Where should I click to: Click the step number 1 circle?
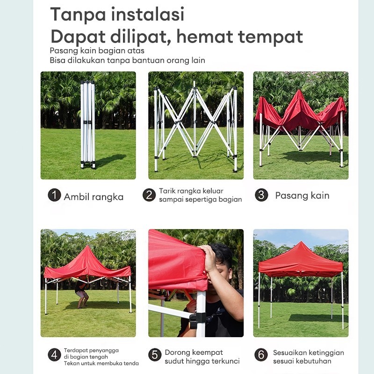click(x=54, y=195)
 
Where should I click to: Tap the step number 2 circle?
click(x=149, y=195)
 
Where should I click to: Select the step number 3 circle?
click(x=261, y=195)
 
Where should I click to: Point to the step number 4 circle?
click(x=54, y=355)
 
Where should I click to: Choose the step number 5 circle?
click(x=155, y=355)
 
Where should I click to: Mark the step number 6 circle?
click(x=261, y=355)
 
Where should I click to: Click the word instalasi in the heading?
click(x=148, y=14)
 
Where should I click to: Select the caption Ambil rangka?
click(x=94, y=197)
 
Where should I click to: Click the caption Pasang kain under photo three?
click(x=302, y=195)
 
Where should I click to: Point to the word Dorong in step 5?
click(x=177, y=352)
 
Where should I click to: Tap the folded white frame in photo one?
click(x=87, y=124)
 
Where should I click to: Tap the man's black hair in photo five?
click(x=221, y=252)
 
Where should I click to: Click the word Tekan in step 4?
click(x=69, y=363)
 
